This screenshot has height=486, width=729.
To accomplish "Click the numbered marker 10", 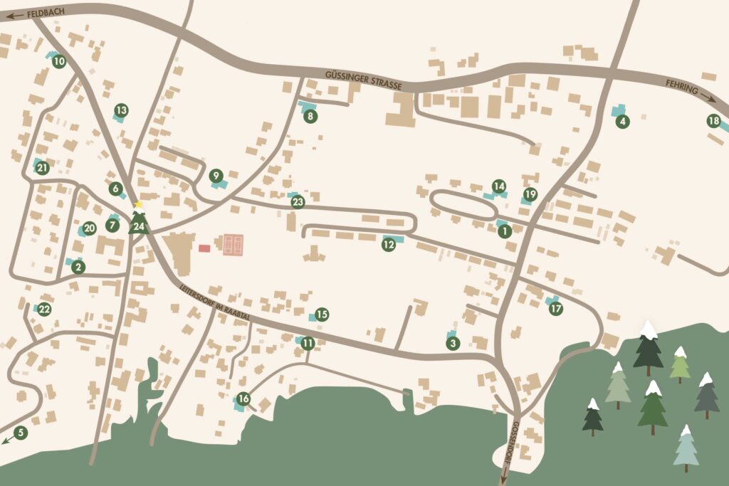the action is (59, 62).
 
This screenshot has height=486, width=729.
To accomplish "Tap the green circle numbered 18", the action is (713, 121).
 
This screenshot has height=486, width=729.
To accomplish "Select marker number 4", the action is (623, 121).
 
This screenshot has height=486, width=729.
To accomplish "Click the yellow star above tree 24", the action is (139, 205).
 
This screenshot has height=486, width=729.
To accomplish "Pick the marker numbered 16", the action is (243, 398).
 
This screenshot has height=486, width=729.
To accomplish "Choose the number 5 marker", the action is (20, 432).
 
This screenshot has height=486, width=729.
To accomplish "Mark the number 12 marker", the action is (389, 244).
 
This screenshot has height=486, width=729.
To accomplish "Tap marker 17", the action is (556, 309).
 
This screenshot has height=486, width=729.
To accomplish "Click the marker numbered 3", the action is (453, 344).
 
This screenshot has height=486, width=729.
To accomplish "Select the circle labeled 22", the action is (44, 309).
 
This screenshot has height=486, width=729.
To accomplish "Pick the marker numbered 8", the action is (310, 116).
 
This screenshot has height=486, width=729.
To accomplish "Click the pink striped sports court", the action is (234, 245).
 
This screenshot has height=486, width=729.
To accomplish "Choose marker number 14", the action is (499, 185).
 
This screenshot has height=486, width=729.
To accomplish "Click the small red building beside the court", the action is (204, 248).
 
